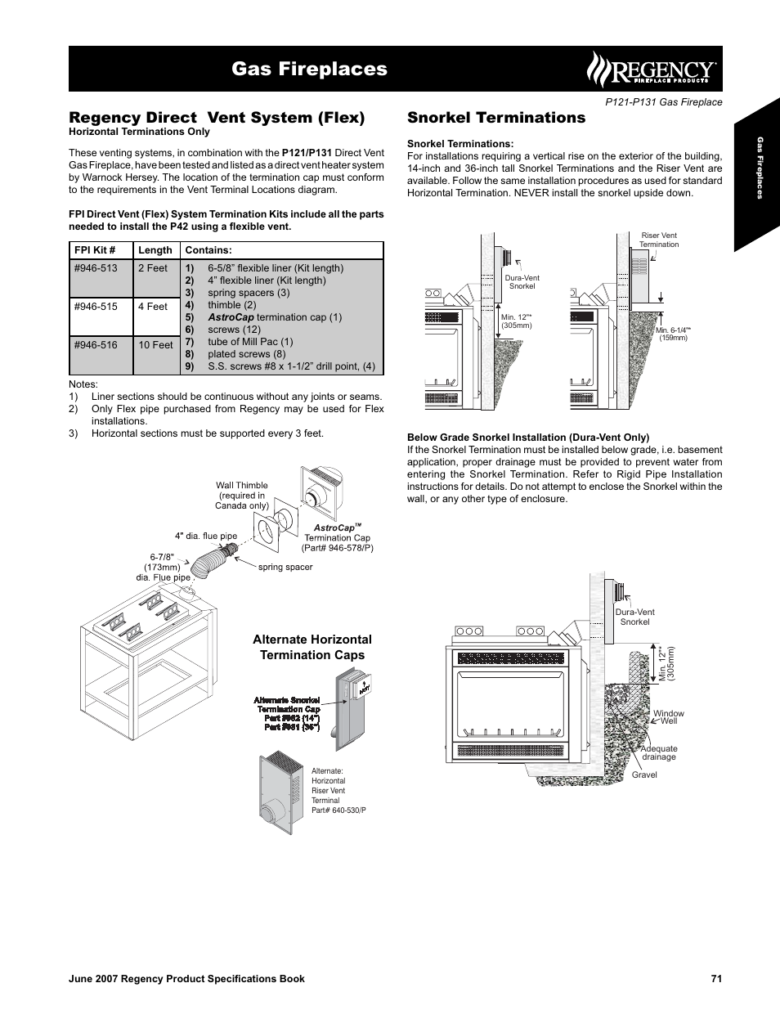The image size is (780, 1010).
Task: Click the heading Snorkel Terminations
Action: tap(496, 118)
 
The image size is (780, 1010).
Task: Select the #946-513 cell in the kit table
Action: tap(96, 268)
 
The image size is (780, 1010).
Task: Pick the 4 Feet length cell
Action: tap(152, 307)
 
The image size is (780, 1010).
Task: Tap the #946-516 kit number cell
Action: tap(96, 345)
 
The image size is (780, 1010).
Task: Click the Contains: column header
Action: tap(208, 250)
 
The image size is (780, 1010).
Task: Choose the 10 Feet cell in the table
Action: tap(155, 345)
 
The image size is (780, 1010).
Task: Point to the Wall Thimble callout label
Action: tap(242, 496)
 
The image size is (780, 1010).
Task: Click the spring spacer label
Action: tap(285, 567)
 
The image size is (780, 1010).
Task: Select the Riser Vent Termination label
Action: tap(659, 240)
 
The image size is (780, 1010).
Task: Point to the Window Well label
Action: tap(669, 717)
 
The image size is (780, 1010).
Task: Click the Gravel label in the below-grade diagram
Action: tap(644, 774)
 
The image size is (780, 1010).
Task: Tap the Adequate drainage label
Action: tap(659, 752)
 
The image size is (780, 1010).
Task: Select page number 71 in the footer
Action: tap(716, 979)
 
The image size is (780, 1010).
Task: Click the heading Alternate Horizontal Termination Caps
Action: tap(312, 647)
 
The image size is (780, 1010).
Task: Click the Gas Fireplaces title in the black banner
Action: tap(309, 69)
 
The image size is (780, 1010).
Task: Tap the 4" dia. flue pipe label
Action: tap(205, 536)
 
